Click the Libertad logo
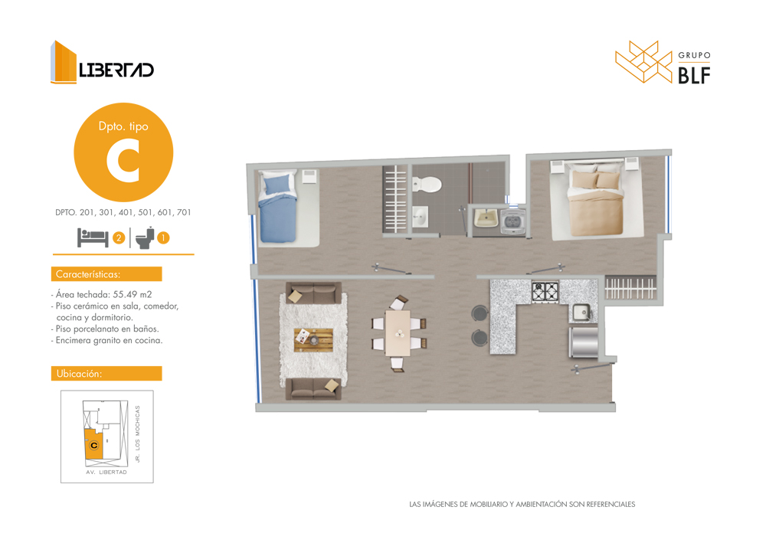(102, 63)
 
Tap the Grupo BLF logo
(663, 62)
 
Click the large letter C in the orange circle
(123, 160)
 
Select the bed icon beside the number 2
(93, 238)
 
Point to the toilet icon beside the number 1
(145, 238)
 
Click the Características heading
(88, 274)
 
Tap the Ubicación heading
(79, 374)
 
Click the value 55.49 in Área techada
(125, 294)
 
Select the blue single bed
(277, 207)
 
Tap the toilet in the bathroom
(427, 184)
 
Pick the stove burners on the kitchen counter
(545, 292)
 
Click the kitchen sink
(581, 312)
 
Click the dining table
(398, 333)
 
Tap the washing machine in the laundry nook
(512, 222)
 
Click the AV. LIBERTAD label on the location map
(106, 473)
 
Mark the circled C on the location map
(93, 445)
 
